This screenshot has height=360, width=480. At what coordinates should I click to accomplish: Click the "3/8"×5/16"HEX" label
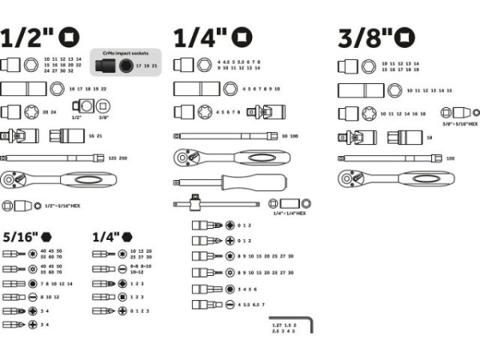(459, 124)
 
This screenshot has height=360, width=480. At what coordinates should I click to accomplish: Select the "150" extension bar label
(450, 158)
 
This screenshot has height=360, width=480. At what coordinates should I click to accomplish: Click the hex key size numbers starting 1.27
(284, 328)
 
